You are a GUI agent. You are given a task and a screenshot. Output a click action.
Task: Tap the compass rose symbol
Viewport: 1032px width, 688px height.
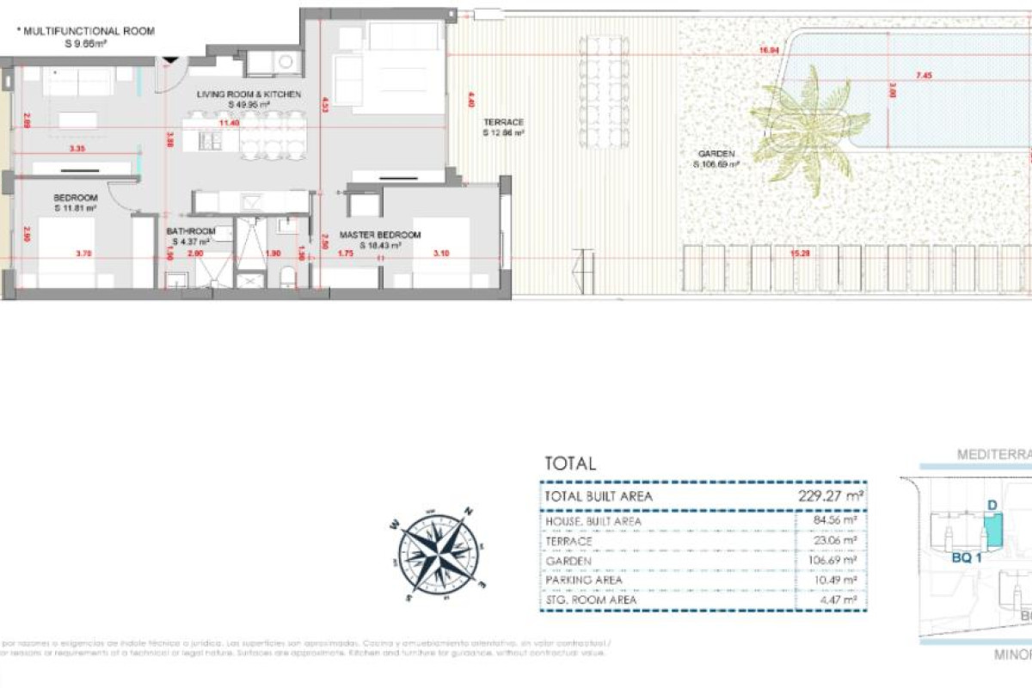pyautogui.click(x=439, y=555)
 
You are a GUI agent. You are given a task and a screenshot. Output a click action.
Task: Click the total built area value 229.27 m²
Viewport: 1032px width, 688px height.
pyautogui.click(x=831, y=496)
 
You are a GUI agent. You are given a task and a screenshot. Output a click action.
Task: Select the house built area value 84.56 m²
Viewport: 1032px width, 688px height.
pyautogui.click(x=838, y=520)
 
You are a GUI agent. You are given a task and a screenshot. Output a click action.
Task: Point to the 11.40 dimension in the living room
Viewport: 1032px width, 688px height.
pyautogui.click(x=229, y=123)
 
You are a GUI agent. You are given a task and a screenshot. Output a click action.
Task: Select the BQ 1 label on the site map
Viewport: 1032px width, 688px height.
pyautogui.click(x=967, y=556)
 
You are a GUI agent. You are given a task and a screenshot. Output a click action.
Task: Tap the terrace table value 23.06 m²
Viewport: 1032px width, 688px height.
pyautogui.click(x=838, y=541)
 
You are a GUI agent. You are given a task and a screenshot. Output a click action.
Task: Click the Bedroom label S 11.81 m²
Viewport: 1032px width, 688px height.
pyautogui.click(x=76, y=202)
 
